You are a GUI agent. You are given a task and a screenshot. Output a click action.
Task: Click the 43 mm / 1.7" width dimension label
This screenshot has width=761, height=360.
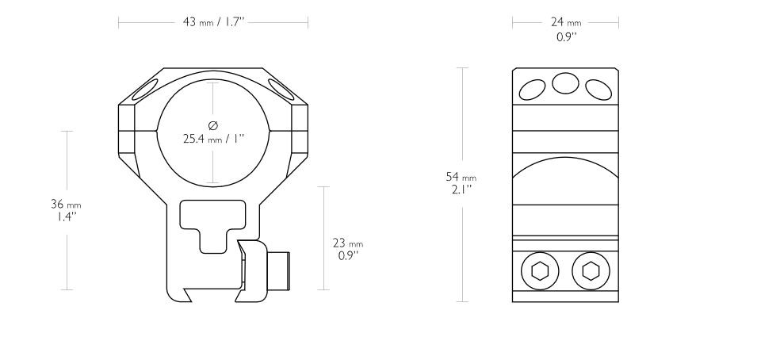click(x=213, y=23)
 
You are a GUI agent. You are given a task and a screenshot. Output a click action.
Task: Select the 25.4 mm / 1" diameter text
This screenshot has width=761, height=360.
click(x=213, y=138)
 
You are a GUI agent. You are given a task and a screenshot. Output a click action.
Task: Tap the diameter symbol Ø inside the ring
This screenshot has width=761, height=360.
click(x=212, y=124)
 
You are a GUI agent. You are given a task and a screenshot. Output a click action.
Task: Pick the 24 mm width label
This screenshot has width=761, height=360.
click(x=565, y=23)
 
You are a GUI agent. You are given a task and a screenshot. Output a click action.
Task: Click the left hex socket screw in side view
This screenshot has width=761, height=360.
click(x=540, y=272)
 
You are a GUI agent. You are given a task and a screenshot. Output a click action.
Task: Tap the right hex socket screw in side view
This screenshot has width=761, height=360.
click(x=589, y=272)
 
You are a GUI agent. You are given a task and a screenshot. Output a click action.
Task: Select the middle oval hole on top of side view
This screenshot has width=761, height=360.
click(x=564, y=82)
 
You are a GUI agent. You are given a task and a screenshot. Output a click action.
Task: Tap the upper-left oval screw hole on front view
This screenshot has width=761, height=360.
click(x=147, y=89)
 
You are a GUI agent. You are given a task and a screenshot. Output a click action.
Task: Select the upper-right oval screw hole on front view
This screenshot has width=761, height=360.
click(x=279, y=89)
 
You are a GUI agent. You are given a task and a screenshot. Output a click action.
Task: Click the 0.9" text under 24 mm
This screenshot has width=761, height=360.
click(x=565, y=36)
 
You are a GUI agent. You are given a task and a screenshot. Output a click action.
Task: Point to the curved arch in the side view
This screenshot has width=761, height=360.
click(x=564, y=170)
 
